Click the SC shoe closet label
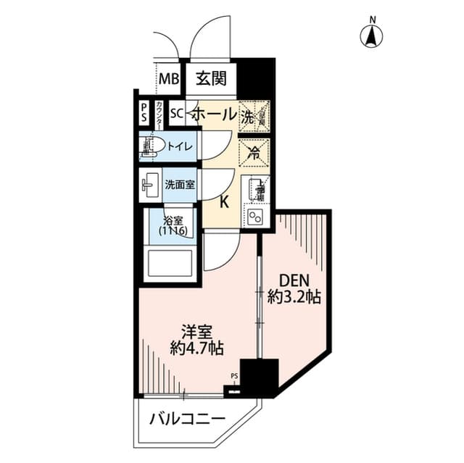[x=176, y=114]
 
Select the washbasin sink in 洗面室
[x=150, y=184]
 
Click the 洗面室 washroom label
[x=179, y=184]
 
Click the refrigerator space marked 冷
[x=254, y=152]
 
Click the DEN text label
[x=295, y=279]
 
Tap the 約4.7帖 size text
[x=197, y=348]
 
